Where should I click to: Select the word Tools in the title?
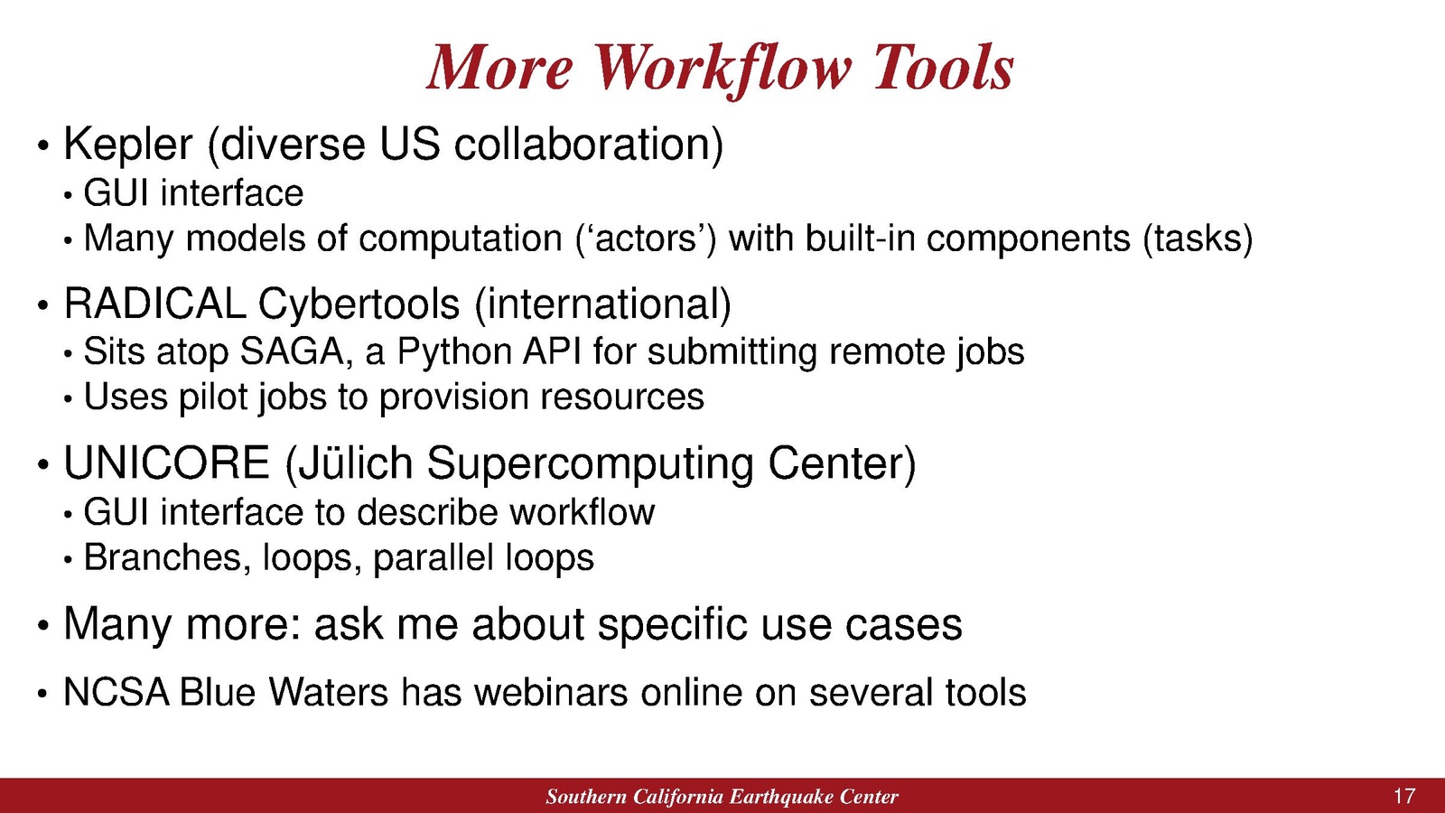pos(944,68)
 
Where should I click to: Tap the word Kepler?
pos(127,145)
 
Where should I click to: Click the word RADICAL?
pos(154,304)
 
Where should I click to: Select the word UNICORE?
pos(166,463)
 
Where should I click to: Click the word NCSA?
pos(117,693)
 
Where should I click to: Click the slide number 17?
pos(1403,796)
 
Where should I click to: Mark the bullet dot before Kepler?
pos(42,145)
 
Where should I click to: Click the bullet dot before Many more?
pos(42,626)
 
